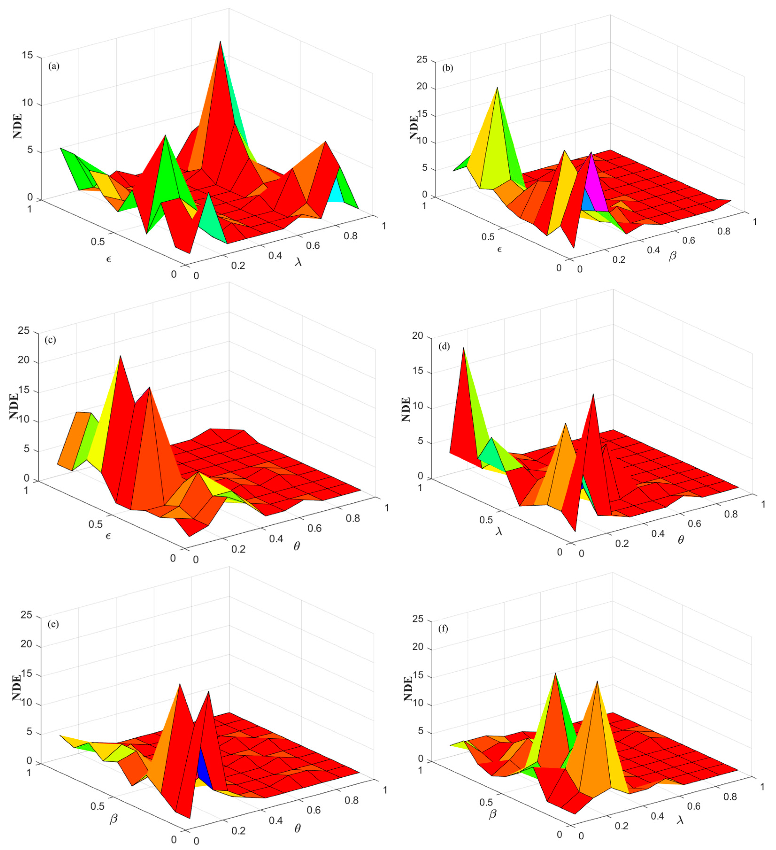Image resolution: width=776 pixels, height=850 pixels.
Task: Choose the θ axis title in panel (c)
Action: pyautogui.click(x=297, y=546)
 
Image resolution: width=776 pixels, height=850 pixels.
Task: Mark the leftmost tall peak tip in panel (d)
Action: pyautogui.click(x=464, y=348)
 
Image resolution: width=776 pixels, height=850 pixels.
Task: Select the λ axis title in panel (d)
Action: pyautogui.click(x=499, y=532)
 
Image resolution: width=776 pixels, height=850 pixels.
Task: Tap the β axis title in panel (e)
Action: pyautogui.click(x=113, y=819)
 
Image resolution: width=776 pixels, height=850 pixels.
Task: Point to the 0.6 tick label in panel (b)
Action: pyautogui.click(x=689, y=240)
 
